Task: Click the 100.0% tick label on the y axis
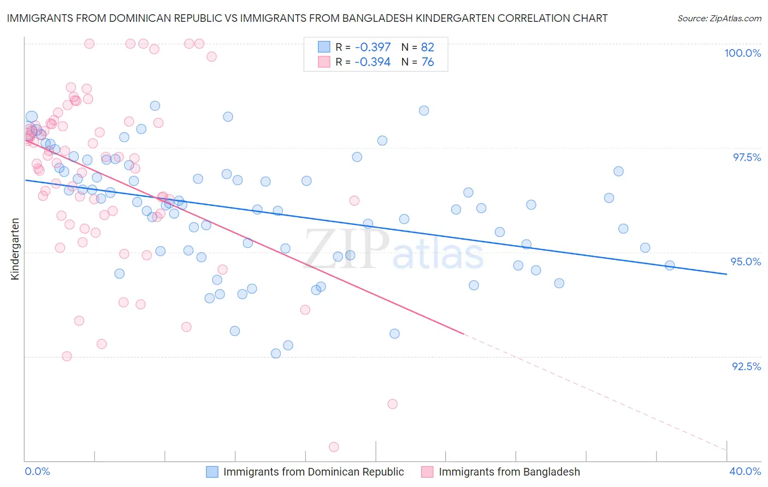742,53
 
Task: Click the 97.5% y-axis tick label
746,157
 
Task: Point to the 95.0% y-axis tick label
746,262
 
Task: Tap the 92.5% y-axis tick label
746,366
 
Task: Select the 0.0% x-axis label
37,471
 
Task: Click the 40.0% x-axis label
745,471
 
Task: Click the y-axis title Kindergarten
15,249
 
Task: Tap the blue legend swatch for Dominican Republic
212,472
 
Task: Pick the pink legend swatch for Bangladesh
427,472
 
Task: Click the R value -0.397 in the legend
373,47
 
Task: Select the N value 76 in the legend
428,62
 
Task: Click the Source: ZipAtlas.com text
719,19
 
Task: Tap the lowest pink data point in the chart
334,447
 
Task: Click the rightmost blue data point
670,265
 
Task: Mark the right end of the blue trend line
726,274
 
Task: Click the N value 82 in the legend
428,47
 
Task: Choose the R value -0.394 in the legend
373,62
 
